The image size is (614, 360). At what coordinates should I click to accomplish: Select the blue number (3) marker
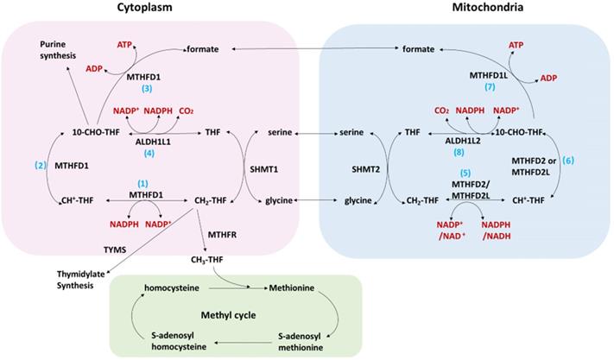(x=147, y=90)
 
